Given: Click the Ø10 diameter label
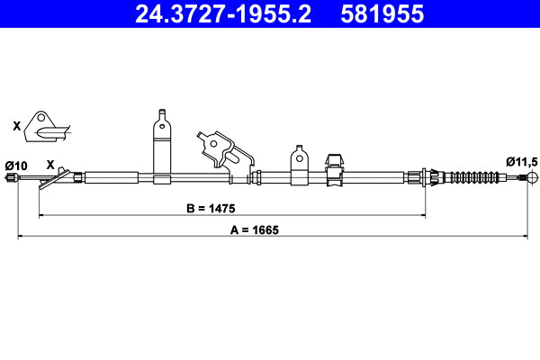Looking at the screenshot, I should [x=16, y=165].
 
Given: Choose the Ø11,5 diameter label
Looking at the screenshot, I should [x=521, y=161].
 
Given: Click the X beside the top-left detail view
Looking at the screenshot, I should [x=15, y=127].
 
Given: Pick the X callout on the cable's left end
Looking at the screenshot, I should [x=50, y=165].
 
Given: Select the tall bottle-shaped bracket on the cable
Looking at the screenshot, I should [x=162, y=144].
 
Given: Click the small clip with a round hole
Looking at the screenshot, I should [x=300, y=165].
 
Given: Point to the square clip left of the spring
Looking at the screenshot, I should [x=334, y=169].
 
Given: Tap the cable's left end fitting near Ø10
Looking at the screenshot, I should [x=13, y=181].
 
